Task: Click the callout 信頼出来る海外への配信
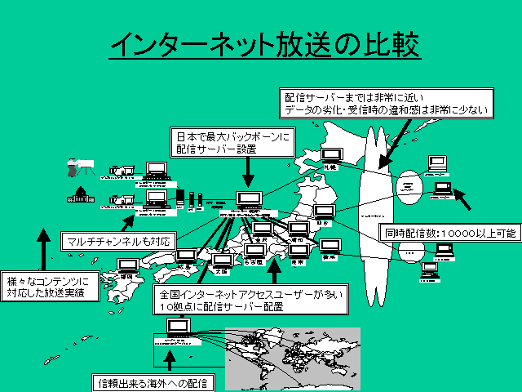click(152, 382)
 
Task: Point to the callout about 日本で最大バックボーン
click(232, 140)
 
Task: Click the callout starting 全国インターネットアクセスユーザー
click(250, 298)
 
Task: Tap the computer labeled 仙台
click(323, 212)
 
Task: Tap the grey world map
click(293, 359)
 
